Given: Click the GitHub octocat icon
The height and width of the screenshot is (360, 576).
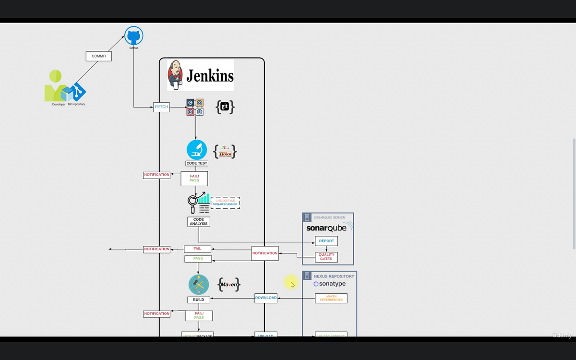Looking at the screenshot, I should [134, 36].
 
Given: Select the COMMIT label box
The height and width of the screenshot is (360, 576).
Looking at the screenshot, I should [99, 56].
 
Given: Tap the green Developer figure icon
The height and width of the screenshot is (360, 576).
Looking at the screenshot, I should [55, 87].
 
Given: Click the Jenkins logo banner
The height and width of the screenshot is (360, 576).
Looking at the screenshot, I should [201, 75].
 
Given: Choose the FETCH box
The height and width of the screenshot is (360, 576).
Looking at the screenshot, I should [161, 107].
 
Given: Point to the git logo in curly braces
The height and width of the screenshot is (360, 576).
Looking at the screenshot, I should [225, 107].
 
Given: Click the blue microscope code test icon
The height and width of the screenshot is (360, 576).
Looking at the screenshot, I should [197, 150].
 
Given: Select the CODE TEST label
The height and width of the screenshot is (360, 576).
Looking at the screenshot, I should [197, 163].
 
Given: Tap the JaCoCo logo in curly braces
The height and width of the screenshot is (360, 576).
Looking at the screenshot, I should [225, 152].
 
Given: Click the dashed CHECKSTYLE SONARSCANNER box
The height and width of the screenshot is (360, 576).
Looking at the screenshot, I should [225, 203].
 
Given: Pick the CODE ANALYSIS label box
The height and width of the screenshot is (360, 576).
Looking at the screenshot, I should [198, 222].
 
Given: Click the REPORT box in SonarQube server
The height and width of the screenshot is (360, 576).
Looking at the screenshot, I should [326, 241].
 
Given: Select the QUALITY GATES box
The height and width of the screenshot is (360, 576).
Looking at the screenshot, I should [326, 257].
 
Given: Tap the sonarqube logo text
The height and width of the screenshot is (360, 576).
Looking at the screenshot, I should [326, 228].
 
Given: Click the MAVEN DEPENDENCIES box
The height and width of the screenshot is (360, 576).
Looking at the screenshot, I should [331, 298].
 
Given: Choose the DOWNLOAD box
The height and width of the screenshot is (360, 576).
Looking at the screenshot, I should [265, 298].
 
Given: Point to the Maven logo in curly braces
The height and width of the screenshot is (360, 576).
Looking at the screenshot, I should [229, 285].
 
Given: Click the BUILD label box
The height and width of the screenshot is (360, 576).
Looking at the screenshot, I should [198, 300].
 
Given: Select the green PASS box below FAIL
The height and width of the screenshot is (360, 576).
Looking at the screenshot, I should [198, 259].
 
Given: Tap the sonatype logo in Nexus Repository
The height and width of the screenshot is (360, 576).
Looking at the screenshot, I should [330, 284].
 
